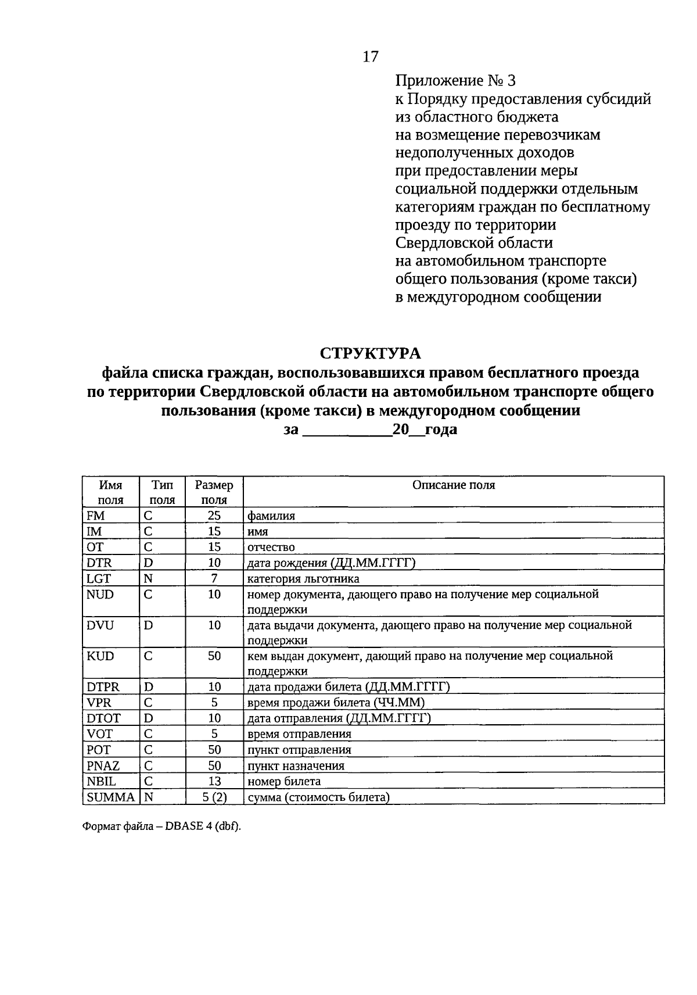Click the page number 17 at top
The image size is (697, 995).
pyautogui.click(x=371, y=56)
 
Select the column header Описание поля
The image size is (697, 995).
pyautogui.click(x=454, y=485)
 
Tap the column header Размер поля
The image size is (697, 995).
pyautogui.click(x=214, y=492)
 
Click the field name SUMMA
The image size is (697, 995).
pyautogui.click(x=110, y=797)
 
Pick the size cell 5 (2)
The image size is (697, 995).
pyautogui.click(x=214, y=797)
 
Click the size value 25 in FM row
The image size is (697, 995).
pyautogui.click(x=214, y=516)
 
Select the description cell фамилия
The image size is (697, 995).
pyautogui.click(x=271, y=516)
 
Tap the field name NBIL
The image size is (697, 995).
pyautogui.click(x=101, y=782)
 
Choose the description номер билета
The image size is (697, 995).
pyautogui.click(x=284, y=782)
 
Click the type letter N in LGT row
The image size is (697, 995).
pyautogui.click(x=148, y=579)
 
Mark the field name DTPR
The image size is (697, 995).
pyautogui.click(x=103, y=687)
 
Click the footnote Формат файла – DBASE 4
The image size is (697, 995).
pyautogui.click(x=161, y=828)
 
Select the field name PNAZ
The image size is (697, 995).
pyautogui.click(x=103, y=766)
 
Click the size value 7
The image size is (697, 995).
pyautogui.click(x=214, y=579)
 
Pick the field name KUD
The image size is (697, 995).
pyautogui.click(x=100, y=656)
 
